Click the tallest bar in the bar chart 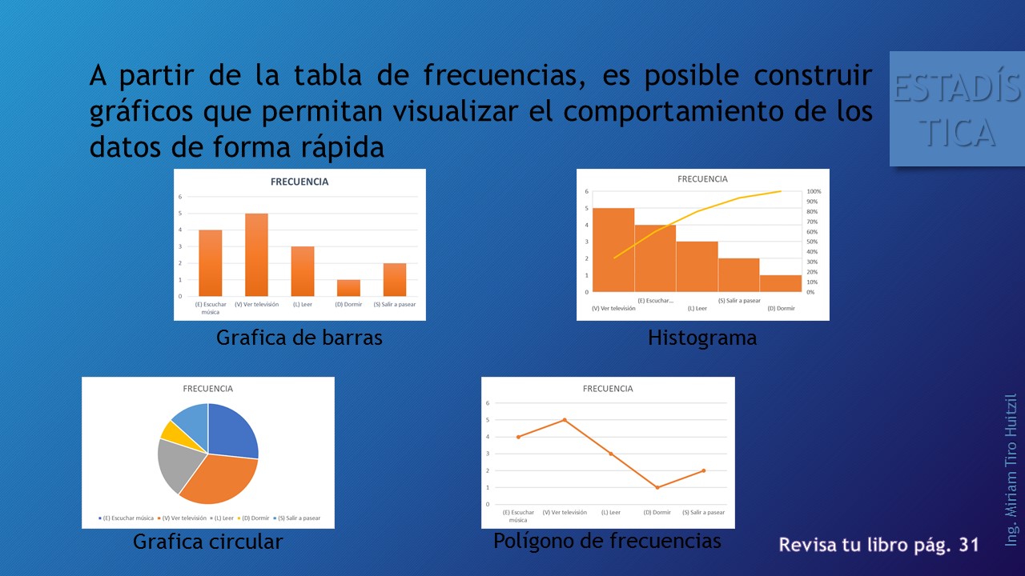tap(256, 254)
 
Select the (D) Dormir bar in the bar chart tap(348, 288)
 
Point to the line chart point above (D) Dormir tap(657, 487)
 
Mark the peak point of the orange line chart tap(565, 420)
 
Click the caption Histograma tap(701, 338)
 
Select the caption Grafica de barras tap(299, 338)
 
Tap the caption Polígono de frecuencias tap(607, 542)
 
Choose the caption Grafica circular tap(207, 542)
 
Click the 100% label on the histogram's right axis tap(814, 192)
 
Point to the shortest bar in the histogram tap(780, 283)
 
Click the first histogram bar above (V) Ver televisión tap(613, 250)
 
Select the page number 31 tap(969, 545)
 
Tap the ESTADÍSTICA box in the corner tap(957, 110)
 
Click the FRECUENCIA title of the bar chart tap(299, 182)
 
